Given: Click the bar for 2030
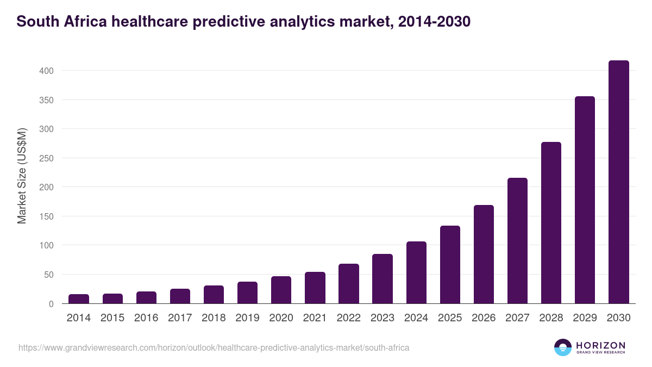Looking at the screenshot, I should pyautogui.click(x=618, y=182).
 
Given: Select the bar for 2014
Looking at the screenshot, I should pyautogui.click(x=79, y=299).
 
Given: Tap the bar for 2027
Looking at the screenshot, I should pyautogui.click(x=517, y=241).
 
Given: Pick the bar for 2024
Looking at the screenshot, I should pyautogui.click(x=416, y=272).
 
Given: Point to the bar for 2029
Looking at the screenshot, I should pyautogui.click(x=585, y=200).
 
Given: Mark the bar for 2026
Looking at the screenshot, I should pyautogui.click(x=484, y=254).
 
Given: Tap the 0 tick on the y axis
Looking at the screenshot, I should pyautogui.click(x=51, y=304).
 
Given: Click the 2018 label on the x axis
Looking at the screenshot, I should pyautogui.click(x=214, y=318).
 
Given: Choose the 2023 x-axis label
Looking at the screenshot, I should pyautogui.click(x=382, y=318).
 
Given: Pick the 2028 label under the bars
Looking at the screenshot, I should pyautogui.click(x=551, y=318).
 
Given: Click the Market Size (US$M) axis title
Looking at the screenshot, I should pyautogui.click(x=22, y=176).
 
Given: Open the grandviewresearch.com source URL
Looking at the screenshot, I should pyautogui.click(x=214, y=347).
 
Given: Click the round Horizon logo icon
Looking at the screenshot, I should pyautogui.click(x=563, y=347).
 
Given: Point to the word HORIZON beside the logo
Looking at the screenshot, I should pyautogui.click(x=600, y=345).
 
